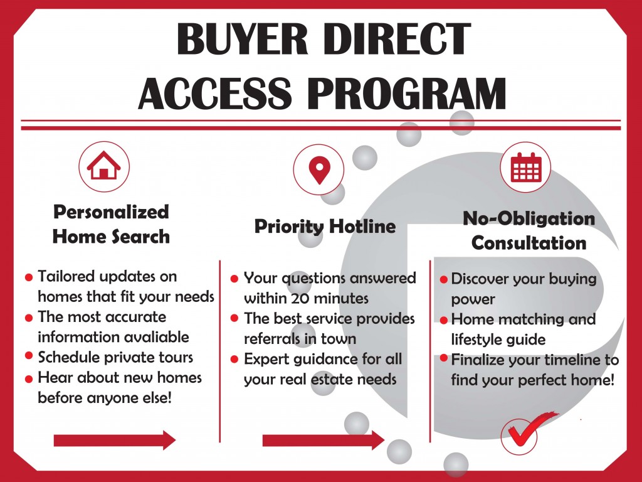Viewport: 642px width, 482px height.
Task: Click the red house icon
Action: (x=104, y=165)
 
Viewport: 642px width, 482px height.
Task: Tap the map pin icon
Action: (x=319, y=169)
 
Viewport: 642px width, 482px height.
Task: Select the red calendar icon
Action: (x=526, y=167)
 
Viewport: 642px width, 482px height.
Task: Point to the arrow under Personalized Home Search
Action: (x=115, y=440)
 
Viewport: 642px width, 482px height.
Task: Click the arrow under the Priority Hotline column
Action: (x=324, y=440)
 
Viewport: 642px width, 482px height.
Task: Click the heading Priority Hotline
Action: (x=325, y=226)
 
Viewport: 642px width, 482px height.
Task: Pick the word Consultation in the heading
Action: (x=529, y=243)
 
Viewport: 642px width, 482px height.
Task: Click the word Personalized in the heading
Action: (x=111, y=212)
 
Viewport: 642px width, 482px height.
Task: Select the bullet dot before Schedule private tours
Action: (x=29, y=355)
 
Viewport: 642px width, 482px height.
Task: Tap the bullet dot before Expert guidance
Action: (x=234, y=360)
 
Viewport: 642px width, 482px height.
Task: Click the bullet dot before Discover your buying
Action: (x=443, y=280)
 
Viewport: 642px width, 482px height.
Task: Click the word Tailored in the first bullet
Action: (x=66, y=276)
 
